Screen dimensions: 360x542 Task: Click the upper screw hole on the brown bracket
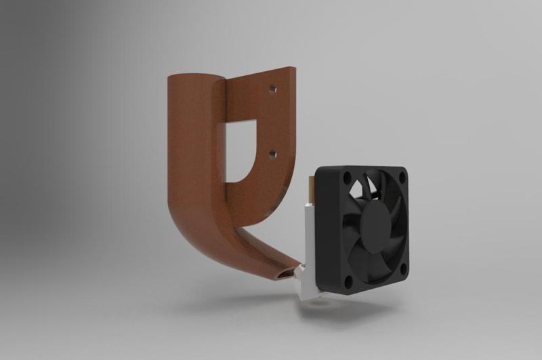coord(272,88)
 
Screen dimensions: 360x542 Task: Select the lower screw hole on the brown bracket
coord(272,155)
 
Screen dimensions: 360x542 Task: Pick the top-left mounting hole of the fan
coord(347,178)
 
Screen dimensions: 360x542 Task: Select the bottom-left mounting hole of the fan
coord(348,279)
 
